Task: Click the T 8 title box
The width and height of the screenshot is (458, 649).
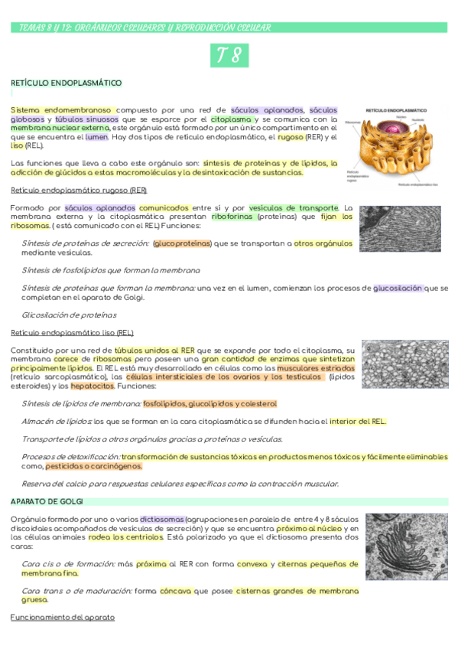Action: click(229, 56)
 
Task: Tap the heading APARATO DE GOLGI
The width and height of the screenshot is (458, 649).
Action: click(47, 501)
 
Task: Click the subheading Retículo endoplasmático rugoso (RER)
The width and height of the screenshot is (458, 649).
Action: click(79, 190)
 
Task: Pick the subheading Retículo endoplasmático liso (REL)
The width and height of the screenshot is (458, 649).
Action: click(72, 333)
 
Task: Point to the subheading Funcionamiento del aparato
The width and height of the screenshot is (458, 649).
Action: click(62, 617)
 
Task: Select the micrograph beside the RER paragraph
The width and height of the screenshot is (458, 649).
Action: click(400, 229)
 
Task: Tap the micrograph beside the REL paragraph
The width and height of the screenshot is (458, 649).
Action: click(404, 364)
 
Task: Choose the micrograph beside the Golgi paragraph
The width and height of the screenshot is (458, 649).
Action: click(406, 546)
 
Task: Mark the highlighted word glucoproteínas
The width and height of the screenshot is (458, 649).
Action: click(182, 243)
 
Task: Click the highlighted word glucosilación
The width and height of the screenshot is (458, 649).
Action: click(397, 289)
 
